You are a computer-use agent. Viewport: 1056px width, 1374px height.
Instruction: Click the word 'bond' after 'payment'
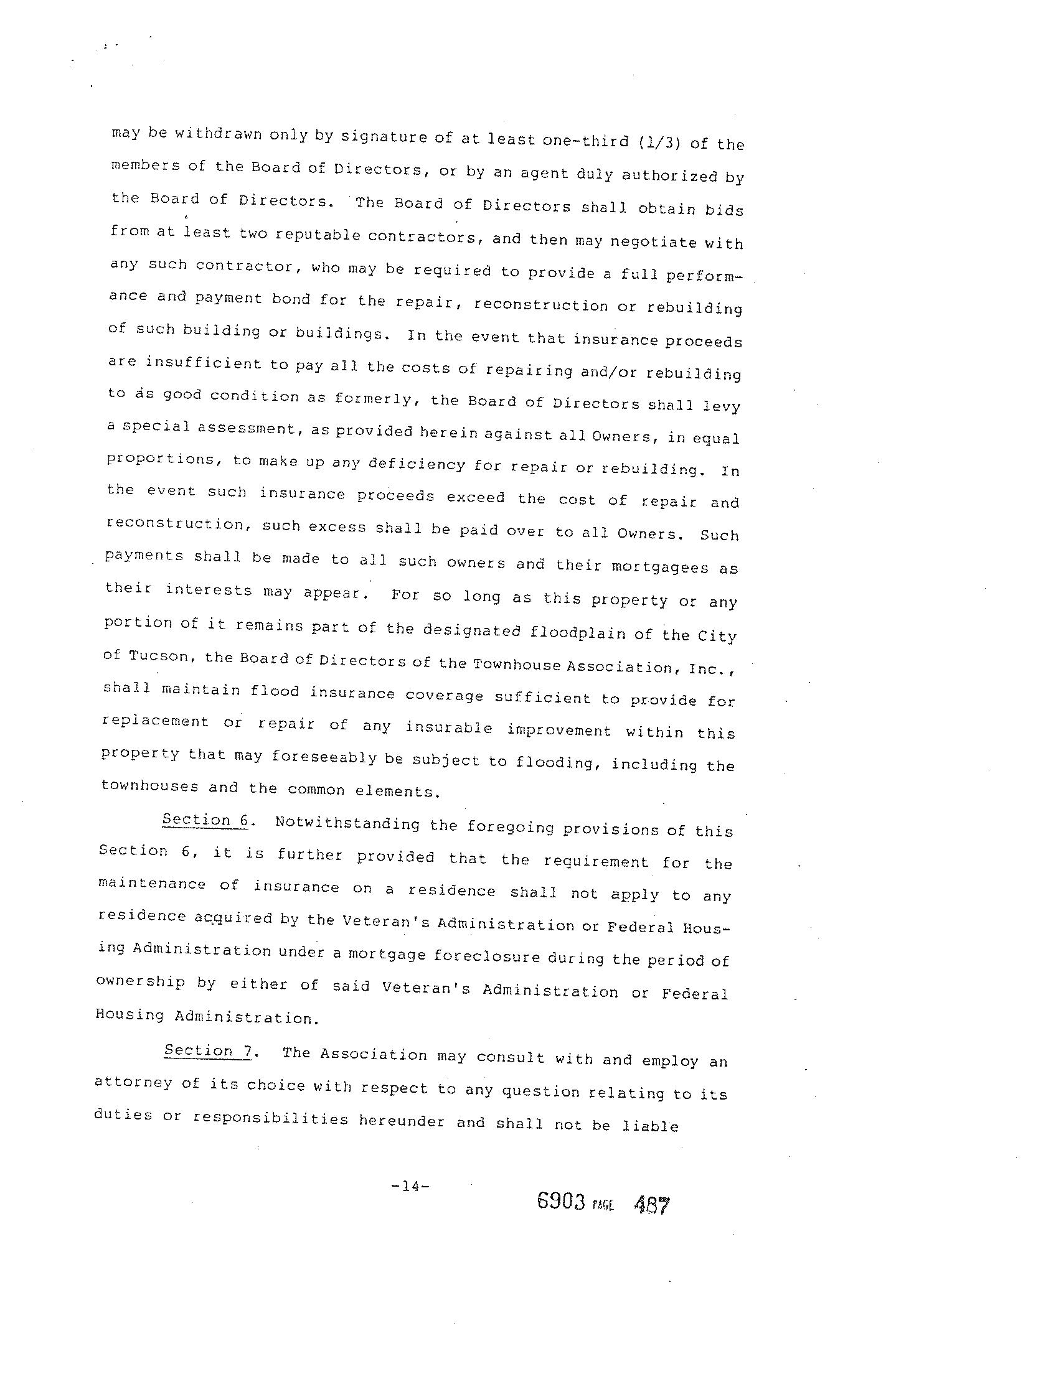(291, 299)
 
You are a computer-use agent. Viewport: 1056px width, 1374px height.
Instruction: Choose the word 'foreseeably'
(324, 758)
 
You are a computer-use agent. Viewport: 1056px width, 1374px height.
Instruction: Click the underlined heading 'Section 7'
(207, 1050)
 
